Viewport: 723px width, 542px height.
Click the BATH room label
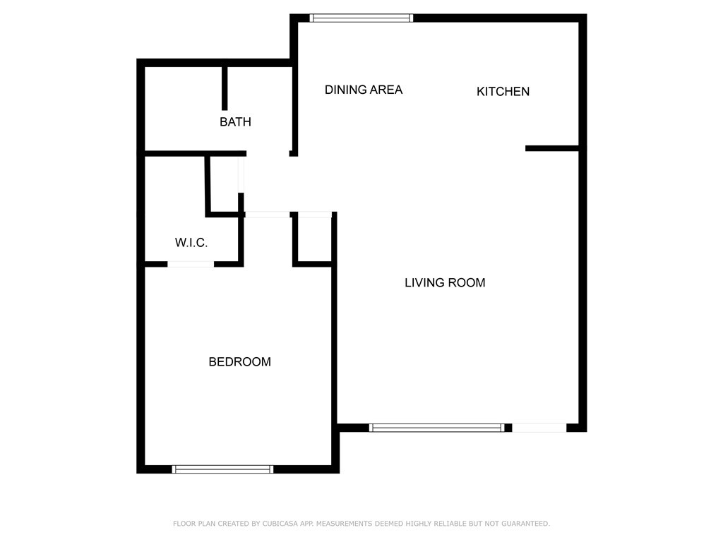click(x=235, y=121)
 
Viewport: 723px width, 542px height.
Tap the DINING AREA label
click(x=364, y=90)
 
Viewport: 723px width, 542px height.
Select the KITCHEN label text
click(x=503, y=91)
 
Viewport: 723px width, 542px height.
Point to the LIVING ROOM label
click(x=445, y=282)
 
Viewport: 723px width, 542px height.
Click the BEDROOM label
click(x=239, y=362)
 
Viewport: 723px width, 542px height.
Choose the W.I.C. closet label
click(x=191, y=243)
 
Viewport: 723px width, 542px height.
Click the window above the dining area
click(x=361, y=18)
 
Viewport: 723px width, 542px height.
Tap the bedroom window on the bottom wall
click(x=222, y=469)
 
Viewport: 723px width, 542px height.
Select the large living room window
click(x=436, y=428)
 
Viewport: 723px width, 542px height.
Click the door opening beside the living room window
click(x=539, y=428)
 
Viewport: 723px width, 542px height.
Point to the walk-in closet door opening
click(x=191, y=264)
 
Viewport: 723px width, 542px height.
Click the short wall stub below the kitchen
click(x=552, y=148)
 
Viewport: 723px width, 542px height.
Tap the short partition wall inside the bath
click(x=225, y=88)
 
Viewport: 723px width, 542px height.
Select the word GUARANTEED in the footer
click(x=525, y=524)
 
